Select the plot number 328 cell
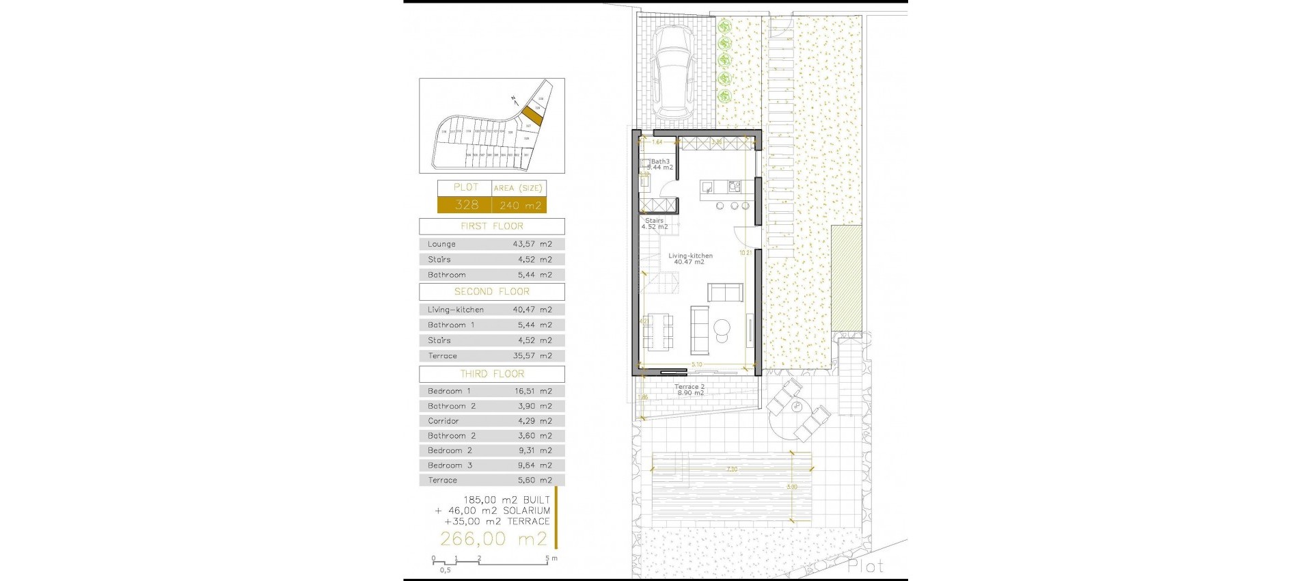[466, 204]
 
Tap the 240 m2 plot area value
[520, 205]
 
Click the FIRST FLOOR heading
[492, 226]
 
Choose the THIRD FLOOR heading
[492, 374]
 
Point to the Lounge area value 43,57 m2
[532, 244]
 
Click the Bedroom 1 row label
[449, 391]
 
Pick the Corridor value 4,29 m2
[534, 421]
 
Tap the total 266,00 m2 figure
[493, 539]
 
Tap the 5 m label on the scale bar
[551, 558]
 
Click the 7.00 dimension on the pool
[732, 470]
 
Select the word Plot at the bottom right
[865, 566]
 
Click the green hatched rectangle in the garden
[847, 276]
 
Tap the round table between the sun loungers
[797, 407]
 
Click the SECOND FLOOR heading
[492, 292]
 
